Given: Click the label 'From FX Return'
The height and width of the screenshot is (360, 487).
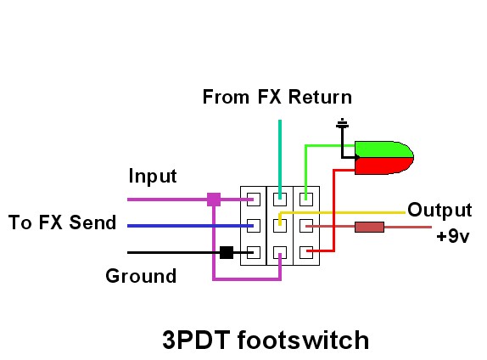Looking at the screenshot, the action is pos(277,97).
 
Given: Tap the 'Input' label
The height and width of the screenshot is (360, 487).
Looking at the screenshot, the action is pos(153,177).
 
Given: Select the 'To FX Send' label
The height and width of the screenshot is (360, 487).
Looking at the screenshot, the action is pos(62,222).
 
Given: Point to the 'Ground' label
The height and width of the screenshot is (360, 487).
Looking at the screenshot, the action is pos(141,276).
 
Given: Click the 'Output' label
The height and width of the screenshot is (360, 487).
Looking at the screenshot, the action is pos(439,211).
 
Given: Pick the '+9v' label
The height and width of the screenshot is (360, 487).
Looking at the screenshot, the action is pos(453,236).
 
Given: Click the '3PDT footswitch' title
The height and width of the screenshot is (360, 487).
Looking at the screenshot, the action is pos(266,340).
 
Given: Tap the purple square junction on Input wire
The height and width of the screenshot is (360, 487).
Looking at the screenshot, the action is pos(214,200).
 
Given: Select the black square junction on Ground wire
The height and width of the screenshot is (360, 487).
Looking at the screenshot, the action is pos(227,252).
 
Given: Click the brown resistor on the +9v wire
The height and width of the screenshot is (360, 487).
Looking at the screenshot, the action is pos(369,227).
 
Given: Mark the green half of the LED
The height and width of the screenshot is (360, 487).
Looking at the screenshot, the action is pos(383,149).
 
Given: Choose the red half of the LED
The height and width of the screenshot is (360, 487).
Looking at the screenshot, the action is pos(383,166).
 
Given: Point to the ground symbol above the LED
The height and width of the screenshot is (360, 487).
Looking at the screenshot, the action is pos(342,124).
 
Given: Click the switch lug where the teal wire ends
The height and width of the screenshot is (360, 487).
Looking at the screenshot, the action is pos(280,200).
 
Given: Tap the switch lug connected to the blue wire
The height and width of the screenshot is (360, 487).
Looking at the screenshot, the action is pos(254,226).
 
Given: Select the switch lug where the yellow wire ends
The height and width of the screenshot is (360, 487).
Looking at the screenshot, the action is pos(280,226).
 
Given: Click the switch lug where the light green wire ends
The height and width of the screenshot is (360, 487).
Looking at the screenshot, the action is pos(306,200).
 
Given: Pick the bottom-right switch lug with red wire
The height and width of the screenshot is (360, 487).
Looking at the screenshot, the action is pos(306,252).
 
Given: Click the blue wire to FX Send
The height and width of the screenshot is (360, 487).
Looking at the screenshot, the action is pos(190,226).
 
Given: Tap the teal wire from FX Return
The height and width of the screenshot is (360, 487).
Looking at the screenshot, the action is pos(280,159).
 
